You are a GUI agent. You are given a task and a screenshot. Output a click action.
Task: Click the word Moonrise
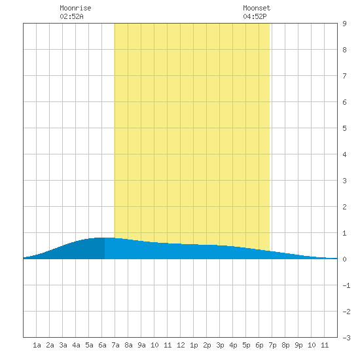75,8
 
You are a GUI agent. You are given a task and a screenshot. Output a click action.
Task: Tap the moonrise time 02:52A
71,16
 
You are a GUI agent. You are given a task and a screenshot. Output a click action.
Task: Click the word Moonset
257,8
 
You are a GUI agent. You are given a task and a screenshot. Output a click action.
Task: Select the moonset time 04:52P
255,16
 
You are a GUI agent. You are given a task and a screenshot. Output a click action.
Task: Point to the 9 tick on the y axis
344,24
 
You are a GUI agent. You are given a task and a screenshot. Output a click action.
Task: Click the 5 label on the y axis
344,128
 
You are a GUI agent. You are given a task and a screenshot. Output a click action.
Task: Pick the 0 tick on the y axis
344,259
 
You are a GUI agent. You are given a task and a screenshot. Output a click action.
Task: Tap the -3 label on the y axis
346,338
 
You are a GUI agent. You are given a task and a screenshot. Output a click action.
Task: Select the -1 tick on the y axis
346,285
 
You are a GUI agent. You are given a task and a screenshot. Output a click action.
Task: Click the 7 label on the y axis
344,76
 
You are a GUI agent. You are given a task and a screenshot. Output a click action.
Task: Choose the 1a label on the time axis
37,345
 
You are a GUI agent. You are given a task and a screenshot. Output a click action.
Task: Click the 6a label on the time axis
102,345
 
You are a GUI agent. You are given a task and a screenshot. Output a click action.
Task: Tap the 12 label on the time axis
181,345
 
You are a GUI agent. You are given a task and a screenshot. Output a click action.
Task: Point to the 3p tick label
220,345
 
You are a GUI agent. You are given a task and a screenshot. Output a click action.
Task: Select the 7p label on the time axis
272,345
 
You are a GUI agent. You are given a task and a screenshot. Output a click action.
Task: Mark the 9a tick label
141,345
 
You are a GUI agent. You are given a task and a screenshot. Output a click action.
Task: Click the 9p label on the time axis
298,345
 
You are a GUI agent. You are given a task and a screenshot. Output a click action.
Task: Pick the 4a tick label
76,345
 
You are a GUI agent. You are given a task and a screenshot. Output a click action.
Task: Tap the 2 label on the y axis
344,207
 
